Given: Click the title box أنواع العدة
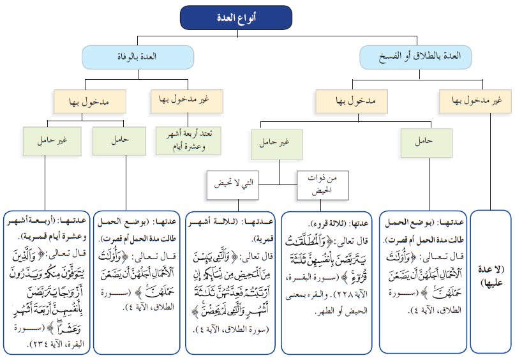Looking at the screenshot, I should click(236, 18).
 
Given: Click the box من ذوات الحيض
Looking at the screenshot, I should click(323, 183).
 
